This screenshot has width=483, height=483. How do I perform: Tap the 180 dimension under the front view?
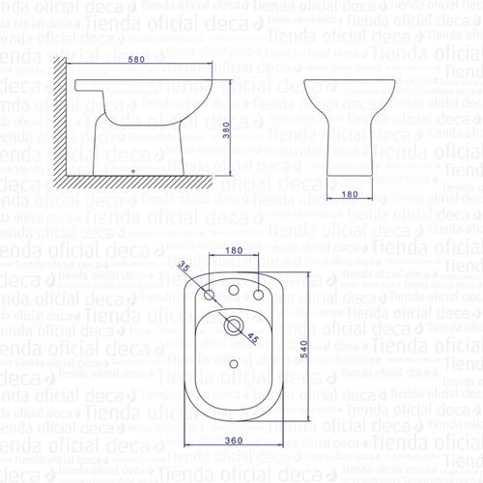tap(352, 195)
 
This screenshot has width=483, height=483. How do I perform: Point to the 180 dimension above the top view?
tap(234, 251)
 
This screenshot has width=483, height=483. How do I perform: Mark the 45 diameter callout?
tap(252, 337)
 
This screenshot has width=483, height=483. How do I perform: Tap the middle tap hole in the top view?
tap(233, 289)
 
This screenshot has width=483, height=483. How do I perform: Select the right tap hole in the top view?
tap(258, 292)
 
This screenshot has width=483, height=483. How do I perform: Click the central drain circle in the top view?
tap(233, 325)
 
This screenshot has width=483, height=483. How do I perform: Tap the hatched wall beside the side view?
tap(58, 126)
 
